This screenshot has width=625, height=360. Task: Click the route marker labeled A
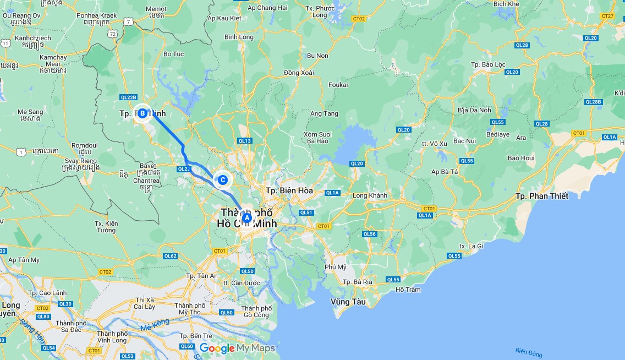click(x=247, y=218)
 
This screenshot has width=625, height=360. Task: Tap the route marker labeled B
click(x=142, y=113)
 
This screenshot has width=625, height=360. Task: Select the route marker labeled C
click(x=223, y=179)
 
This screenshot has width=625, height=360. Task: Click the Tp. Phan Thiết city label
click(x=542, y=196)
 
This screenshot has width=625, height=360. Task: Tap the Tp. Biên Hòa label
click(x=289, y=190)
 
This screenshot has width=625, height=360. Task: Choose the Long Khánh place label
click(x=370, y=195)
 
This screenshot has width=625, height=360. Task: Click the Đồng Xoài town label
click(x=299, y=73)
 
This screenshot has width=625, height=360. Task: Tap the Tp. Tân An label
click(x=202, y=276)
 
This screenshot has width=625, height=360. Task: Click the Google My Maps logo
click(x=237, y=348)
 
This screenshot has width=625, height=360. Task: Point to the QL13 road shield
click(x=244, y=141)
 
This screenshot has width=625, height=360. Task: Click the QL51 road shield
click(x=306, y=212)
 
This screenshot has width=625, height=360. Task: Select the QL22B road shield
click(x=128, y=97)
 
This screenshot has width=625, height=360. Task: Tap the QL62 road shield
click(x=170, y=256)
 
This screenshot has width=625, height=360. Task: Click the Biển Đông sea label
click(x=529, y=351)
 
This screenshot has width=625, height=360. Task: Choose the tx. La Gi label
click(x=470, y=246)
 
